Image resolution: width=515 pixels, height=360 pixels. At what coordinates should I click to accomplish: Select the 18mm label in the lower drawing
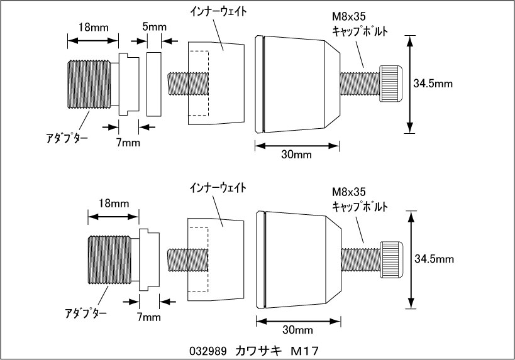pyautogui.click(x=113, y=204)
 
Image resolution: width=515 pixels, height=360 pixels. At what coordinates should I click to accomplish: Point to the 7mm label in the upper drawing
pyautogui.click(x=128, y=143)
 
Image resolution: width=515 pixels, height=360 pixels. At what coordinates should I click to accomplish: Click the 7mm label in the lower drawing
pyautogui.click(x=148, y=317)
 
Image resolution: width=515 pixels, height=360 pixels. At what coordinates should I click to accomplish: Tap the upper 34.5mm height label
pyautogui.click(x=434, y=83)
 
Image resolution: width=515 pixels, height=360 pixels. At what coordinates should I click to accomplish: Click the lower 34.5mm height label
pyautogui.click(x=434, y=258)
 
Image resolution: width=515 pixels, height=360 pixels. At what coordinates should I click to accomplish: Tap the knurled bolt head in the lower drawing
pyautogui.click(x=390, y=259)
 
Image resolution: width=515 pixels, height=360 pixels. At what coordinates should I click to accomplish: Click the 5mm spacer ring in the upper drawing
pyautogui.click(x=153, y=84)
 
